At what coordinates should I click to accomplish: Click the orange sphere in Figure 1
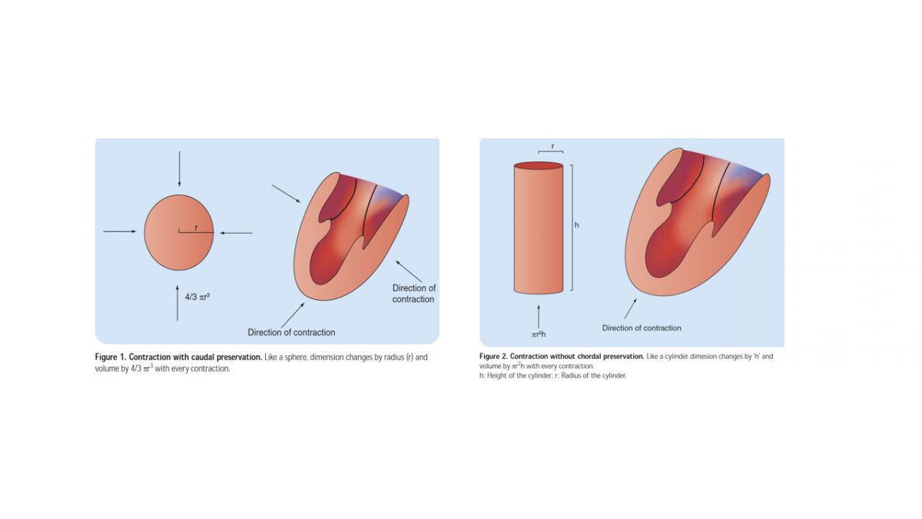pos(179,232)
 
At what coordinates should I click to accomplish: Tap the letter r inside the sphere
pos(197,228)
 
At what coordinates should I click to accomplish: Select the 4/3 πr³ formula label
pos(197,297)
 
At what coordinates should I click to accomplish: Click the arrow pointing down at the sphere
pos(179,169)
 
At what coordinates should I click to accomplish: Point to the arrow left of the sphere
pos(120,231)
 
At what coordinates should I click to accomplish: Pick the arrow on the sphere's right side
pos(236,233)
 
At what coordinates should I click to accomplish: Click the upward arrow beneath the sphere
pos(177,302)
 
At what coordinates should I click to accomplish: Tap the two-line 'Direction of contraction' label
pos(413,293)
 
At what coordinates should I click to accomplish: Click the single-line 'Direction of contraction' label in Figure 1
pos(291,332)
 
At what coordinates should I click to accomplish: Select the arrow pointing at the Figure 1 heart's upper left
pos(286,194)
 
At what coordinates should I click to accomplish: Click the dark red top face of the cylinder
pos(539,165)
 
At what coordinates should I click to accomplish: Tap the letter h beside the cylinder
pos(577,225)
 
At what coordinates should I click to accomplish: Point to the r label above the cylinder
pos(552,146)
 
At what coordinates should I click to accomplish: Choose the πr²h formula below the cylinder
pos(539,334)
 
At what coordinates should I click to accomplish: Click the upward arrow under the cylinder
pos(539,317)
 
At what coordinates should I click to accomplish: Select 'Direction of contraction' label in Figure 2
pos(642,328)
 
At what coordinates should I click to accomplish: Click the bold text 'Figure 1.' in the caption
pos(111,357)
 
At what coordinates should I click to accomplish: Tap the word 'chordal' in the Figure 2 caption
pos(587,356)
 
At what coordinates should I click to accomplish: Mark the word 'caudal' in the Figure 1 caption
pos(203,357)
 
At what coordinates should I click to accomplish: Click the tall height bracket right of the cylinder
pos(572,228)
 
